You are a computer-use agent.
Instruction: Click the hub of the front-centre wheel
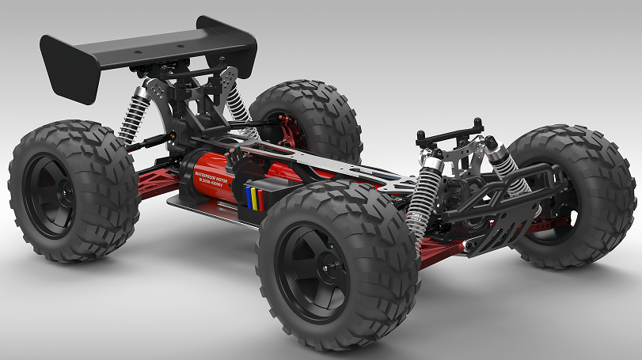[310, 272]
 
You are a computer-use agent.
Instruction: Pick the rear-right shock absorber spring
[236, 104]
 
